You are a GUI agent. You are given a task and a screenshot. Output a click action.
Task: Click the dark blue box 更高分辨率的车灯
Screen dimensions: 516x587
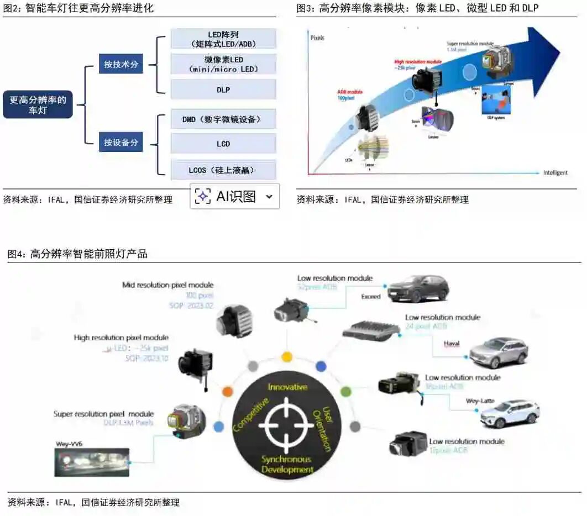click(38, 105)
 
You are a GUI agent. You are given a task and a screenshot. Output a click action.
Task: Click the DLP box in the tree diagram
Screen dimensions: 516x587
click(223, 89)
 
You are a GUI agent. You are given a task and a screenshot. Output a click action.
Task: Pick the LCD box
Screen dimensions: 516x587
click(223, 144)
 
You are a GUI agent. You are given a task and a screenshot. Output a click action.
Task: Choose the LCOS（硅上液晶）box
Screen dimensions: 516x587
click(223, 170)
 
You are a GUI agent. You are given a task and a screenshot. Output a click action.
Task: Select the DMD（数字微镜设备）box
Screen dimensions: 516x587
click(223, 119)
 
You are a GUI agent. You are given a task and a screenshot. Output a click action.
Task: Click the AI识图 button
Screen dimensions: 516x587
click(234, 196)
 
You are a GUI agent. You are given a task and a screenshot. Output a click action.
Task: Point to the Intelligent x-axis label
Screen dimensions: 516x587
click(555, 173)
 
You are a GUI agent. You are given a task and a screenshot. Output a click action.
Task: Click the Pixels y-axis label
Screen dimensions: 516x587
click(317, 38)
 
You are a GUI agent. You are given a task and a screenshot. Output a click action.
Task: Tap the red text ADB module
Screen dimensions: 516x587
click(351, 92)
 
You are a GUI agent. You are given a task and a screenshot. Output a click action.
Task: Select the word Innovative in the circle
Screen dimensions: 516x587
click(287, 387)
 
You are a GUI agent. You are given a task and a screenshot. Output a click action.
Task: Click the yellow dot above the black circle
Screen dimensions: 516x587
click(286, 357)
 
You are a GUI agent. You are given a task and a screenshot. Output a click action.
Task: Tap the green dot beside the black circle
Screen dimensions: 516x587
click(346, 392)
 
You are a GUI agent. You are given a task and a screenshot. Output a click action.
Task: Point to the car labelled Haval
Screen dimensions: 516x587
click(498, 352)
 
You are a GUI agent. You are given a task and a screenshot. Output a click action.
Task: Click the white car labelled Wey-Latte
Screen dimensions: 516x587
click(509, 413)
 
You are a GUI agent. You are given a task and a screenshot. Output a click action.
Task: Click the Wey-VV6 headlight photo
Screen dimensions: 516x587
click(91, 462)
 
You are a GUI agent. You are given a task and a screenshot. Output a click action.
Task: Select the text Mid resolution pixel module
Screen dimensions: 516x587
click(167, 285)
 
